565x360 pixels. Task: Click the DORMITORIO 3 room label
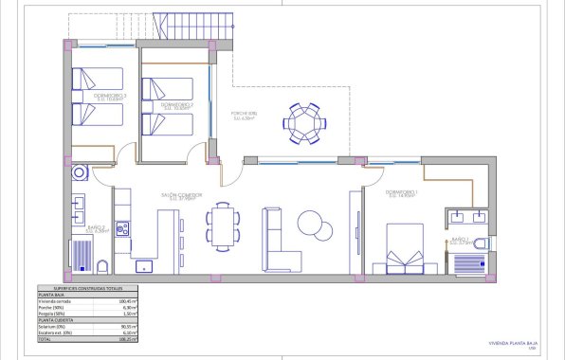tap(108, 97)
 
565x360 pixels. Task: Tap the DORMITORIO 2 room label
tap(177, 104)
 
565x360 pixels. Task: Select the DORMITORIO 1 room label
tap(403, 193)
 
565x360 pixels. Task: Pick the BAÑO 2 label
tap(96, 227)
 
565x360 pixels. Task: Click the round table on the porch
tap(305, 121)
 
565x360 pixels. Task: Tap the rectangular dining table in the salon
tap(223, 226)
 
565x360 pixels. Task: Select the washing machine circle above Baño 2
tap(79, 173)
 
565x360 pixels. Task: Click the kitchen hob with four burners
tap(121, 228)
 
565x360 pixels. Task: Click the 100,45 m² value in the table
tap(129, 300)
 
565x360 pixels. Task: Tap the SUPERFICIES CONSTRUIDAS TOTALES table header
tap(82, 288)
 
